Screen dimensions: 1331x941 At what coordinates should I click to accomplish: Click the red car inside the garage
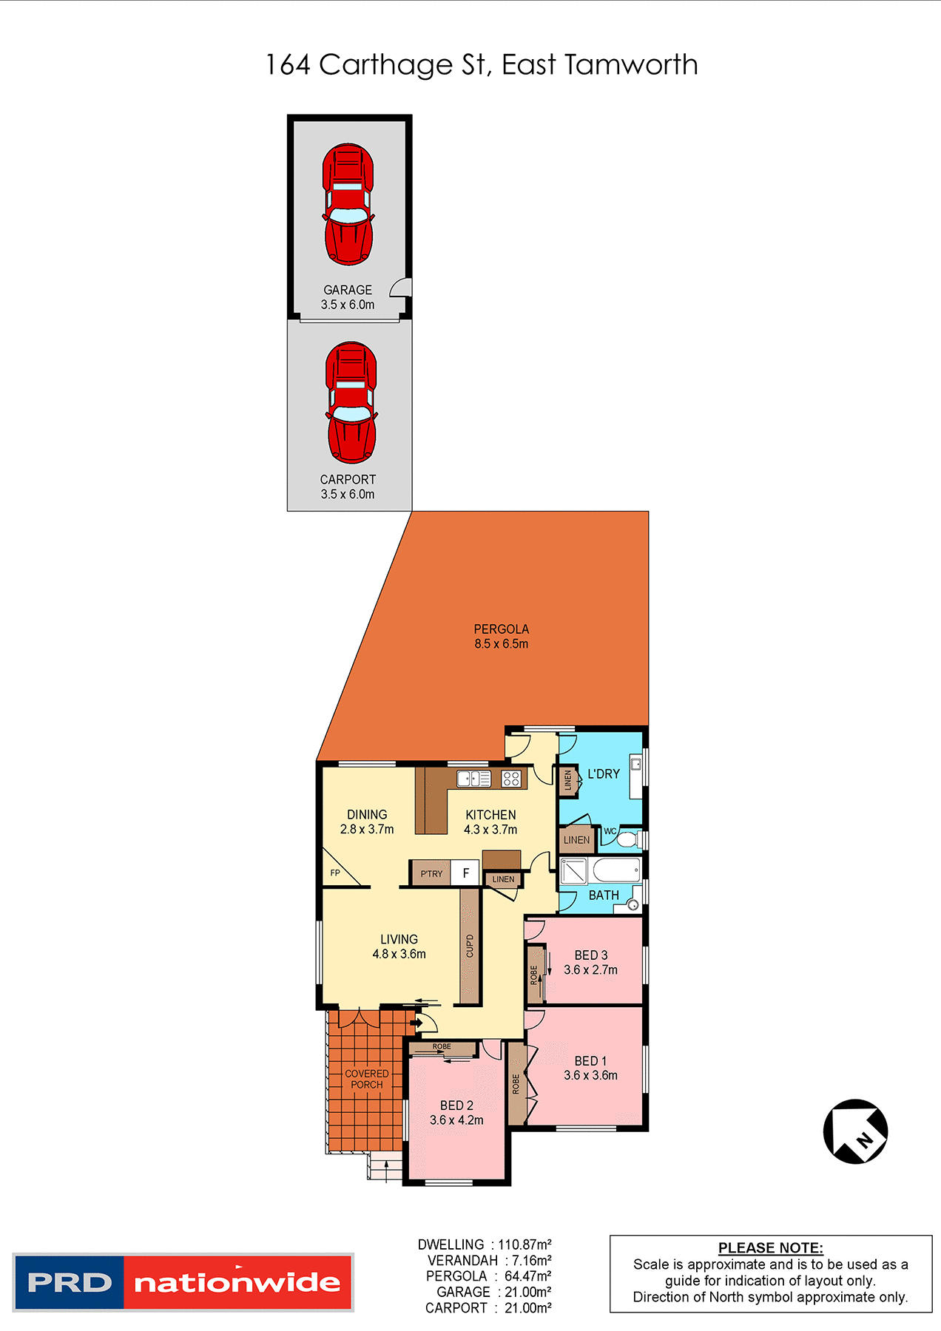click(x=348, y=205)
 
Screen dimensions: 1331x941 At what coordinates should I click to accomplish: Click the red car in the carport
click(x=351, y=402)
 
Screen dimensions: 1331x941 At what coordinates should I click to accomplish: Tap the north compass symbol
click(x=855, y=1131)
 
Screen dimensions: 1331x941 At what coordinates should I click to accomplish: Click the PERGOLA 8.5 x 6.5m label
click(x=502, y=636)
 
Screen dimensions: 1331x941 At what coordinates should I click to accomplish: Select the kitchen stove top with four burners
click(x=511, y=778)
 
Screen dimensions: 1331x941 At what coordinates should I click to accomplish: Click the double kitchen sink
click(x=473, y=778)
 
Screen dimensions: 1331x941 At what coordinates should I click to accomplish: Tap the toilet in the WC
click(x=627, y=840)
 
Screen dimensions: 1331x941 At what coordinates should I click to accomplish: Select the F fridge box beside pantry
click(x=465, y=873)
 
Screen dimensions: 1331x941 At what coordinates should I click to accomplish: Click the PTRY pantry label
click(x=431, y=873)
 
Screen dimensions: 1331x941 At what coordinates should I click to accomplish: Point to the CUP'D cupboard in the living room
click(x=470, y=946)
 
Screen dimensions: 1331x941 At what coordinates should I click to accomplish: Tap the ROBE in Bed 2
click(x=442, y=1048)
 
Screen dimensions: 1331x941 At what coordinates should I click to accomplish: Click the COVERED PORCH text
click(x=367, y=1079)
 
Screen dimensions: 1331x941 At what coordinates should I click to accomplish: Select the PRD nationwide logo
click(x=183, y=1282)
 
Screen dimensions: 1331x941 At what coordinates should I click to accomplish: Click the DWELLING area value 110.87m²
click(x=525, y=1244)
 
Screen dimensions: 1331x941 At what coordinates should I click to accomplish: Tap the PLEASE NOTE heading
click(x=770, y=1247)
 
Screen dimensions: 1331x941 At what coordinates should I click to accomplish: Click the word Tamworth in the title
click(x=631, y=65)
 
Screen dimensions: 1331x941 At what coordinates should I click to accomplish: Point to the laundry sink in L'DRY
click(x=635, y=765)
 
